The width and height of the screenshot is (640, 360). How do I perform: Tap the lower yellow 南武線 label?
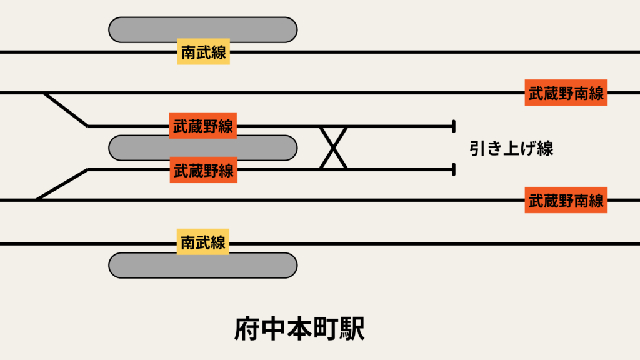[x=203, y=242]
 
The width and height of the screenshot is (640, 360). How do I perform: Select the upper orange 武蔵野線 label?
[x=203, y=126]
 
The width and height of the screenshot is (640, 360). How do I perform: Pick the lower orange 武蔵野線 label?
[x=203, y=170]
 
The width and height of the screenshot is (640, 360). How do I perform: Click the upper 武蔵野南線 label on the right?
[x=566, y=93]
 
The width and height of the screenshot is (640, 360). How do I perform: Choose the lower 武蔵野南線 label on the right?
[x=566, y=201]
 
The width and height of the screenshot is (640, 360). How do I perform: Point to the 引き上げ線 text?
[x=511, y=148]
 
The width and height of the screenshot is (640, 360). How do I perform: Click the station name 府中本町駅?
[x=299, y=329]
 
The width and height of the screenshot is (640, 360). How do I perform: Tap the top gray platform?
[x=202, y=29]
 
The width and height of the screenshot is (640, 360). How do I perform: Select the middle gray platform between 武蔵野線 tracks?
[x=202, y=147]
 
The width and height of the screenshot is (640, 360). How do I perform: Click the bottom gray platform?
[x=202, y=265]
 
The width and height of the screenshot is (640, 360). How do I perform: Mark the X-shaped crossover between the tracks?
[x=334, y=147]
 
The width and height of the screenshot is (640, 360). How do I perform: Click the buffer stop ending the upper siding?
[x=452, y=126]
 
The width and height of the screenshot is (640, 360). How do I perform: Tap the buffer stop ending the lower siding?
[x=452, y=169]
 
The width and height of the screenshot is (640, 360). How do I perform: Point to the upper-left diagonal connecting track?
[x=66, y=109]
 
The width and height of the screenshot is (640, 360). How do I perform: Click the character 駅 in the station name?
[x=352, y=329]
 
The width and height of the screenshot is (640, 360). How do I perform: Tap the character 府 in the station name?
[x=247, y=329]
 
